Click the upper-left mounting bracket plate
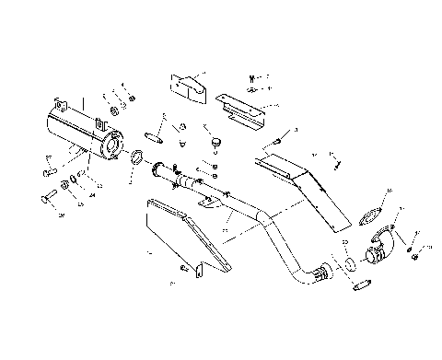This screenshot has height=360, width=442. pos(187,84)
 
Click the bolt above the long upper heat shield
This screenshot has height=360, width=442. pos(276,142)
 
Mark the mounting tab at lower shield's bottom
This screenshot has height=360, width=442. pos(196,268)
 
